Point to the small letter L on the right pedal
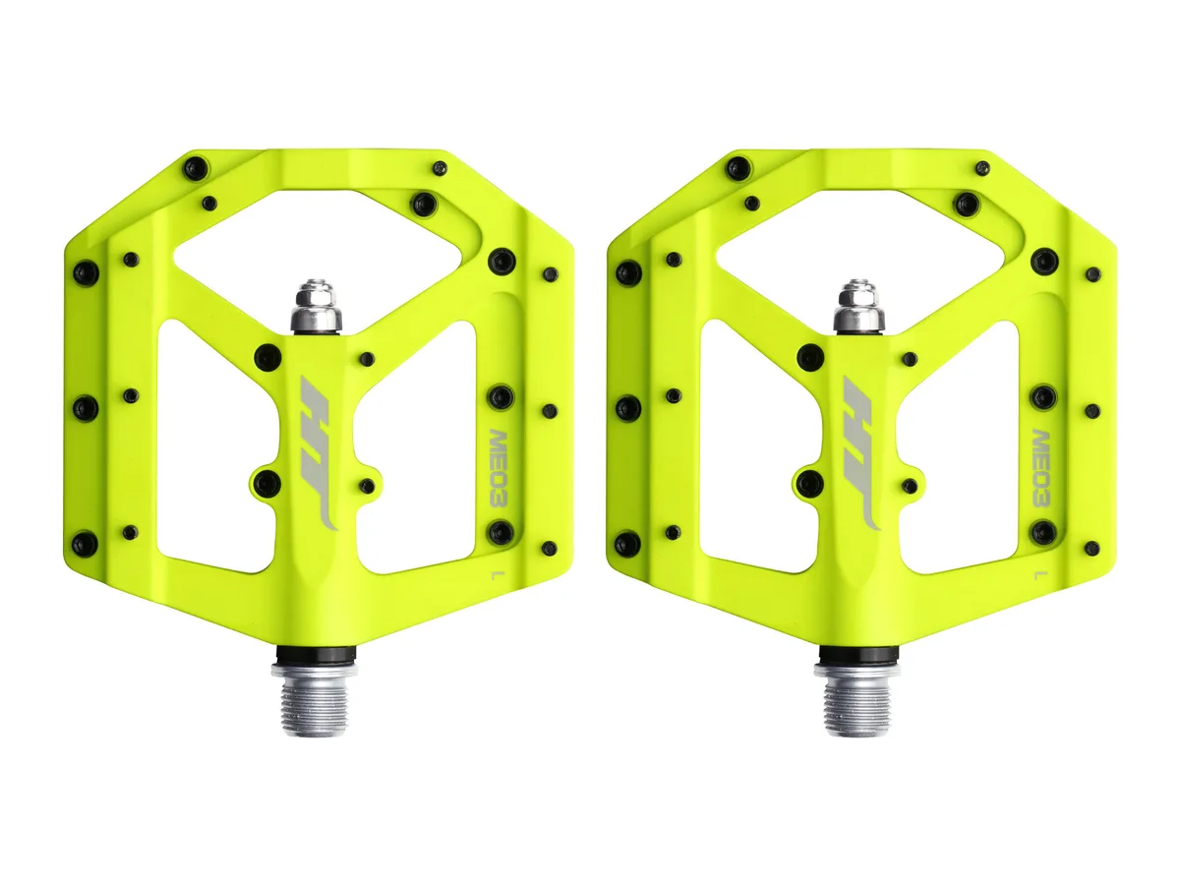[1037, 575]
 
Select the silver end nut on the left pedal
[316, 305]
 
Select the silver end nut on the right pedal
[858, 305]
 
